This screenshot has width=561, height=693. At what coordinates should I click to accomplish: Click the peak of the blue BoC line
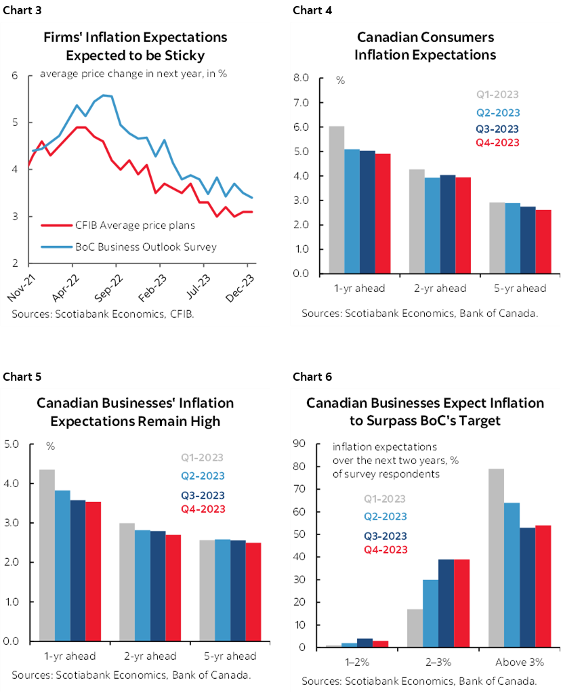(x=104, y=96)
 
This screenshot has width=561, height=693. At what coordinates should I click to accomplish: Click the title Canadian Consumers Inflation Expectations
(x=425, y=45)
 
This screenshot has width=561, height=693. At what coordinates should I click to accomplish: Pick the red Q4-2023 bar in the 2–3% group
(x=461, y=603)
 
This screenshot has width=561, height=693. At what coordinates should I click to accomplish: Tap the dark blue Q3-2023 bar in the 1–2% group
(x=365, y=642)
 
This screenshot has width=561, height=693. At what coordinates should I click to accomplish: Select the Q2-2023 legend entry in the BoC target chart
(x=386, y=516)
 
